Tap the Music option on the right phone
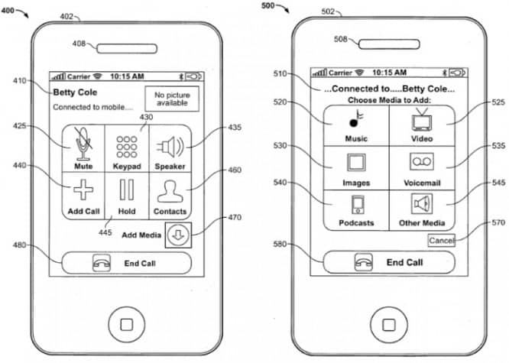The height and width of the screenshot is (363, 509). [355, 125]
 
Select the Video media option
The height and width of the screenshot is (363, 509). [422, 125]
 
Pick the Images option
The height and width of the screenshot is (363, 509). [355, 168]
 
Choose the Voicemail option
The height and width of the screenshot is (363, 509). [422, 168]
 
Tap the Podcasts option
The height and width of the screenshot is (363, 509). [355, 209]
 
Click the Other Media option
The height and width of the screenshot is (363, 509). [422, 209]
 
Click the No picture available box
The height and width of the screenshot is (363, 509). [172, 99]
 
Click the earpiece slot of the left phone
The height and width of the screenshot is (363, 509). [125, 44]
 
